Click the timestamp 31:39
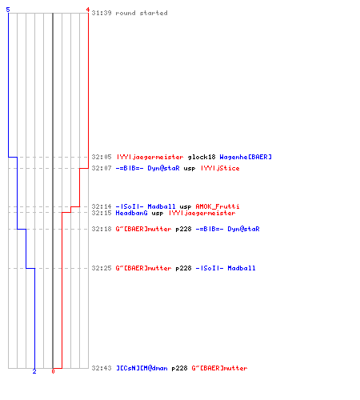pos(102,13)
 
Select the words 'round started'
pos(142,13)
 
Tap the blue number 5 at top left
pos(8,10)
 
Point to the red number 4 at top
pos(88,10)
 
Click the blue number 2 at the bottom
pos(34,371)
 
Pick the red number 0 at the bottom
pos(53,371)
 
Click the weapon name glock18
pos(202,157)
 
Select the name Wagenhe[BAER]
pos(246,157)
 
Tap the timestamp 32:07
pos(102,168)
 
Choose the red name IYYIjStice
pos(220,168)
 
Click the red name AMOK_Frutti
pos(218,206)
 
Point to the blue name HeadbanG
pos(131,213)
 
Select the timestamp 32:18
pos(102,229)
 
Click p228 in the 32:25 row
pos(183,268)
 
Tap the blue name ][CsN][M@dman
pos(142,368)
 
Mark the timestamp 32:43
pos(102,368)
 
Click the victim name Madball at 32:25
pos(242,268)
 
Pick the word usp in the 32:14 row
pos(186,207)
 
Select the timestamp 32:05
pos(102,157)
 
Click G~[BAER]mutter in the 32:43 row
pos(219,368)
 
